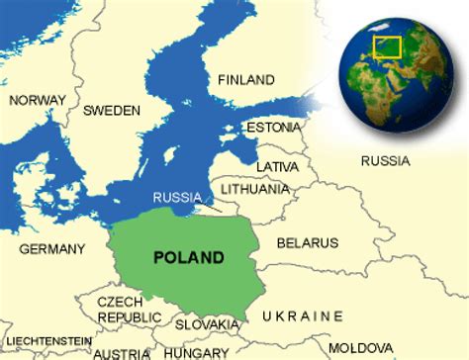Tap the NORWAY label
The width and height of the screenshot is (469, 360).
(37, 100)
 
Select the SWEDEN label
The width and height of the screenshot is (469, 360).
(112, 110)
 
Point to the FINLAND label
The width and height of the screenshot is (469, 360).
(245, 79)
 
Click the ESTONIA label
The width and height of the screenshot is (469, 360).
(274, 128)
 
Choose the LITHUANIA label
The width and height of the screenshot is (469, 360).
(256, 189)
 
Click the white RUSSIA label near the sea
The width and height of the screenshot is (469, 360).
(178, 197)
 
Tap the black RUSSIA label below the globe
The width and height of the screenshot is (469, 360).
(385, 160)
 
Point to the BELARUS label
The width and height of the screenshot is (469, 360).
(307, 242)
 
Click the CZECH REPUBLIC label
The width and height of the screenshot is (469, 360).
(129, 309)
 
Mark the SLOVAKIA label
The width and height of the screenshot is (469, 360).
(208, 324)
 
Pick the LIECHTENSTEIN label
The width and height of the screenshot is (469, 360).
(47, 340)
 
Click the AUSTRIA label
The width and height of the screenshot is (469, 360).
(124, 353)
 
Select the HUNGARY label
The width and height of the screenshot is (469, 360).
(196, 352)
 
